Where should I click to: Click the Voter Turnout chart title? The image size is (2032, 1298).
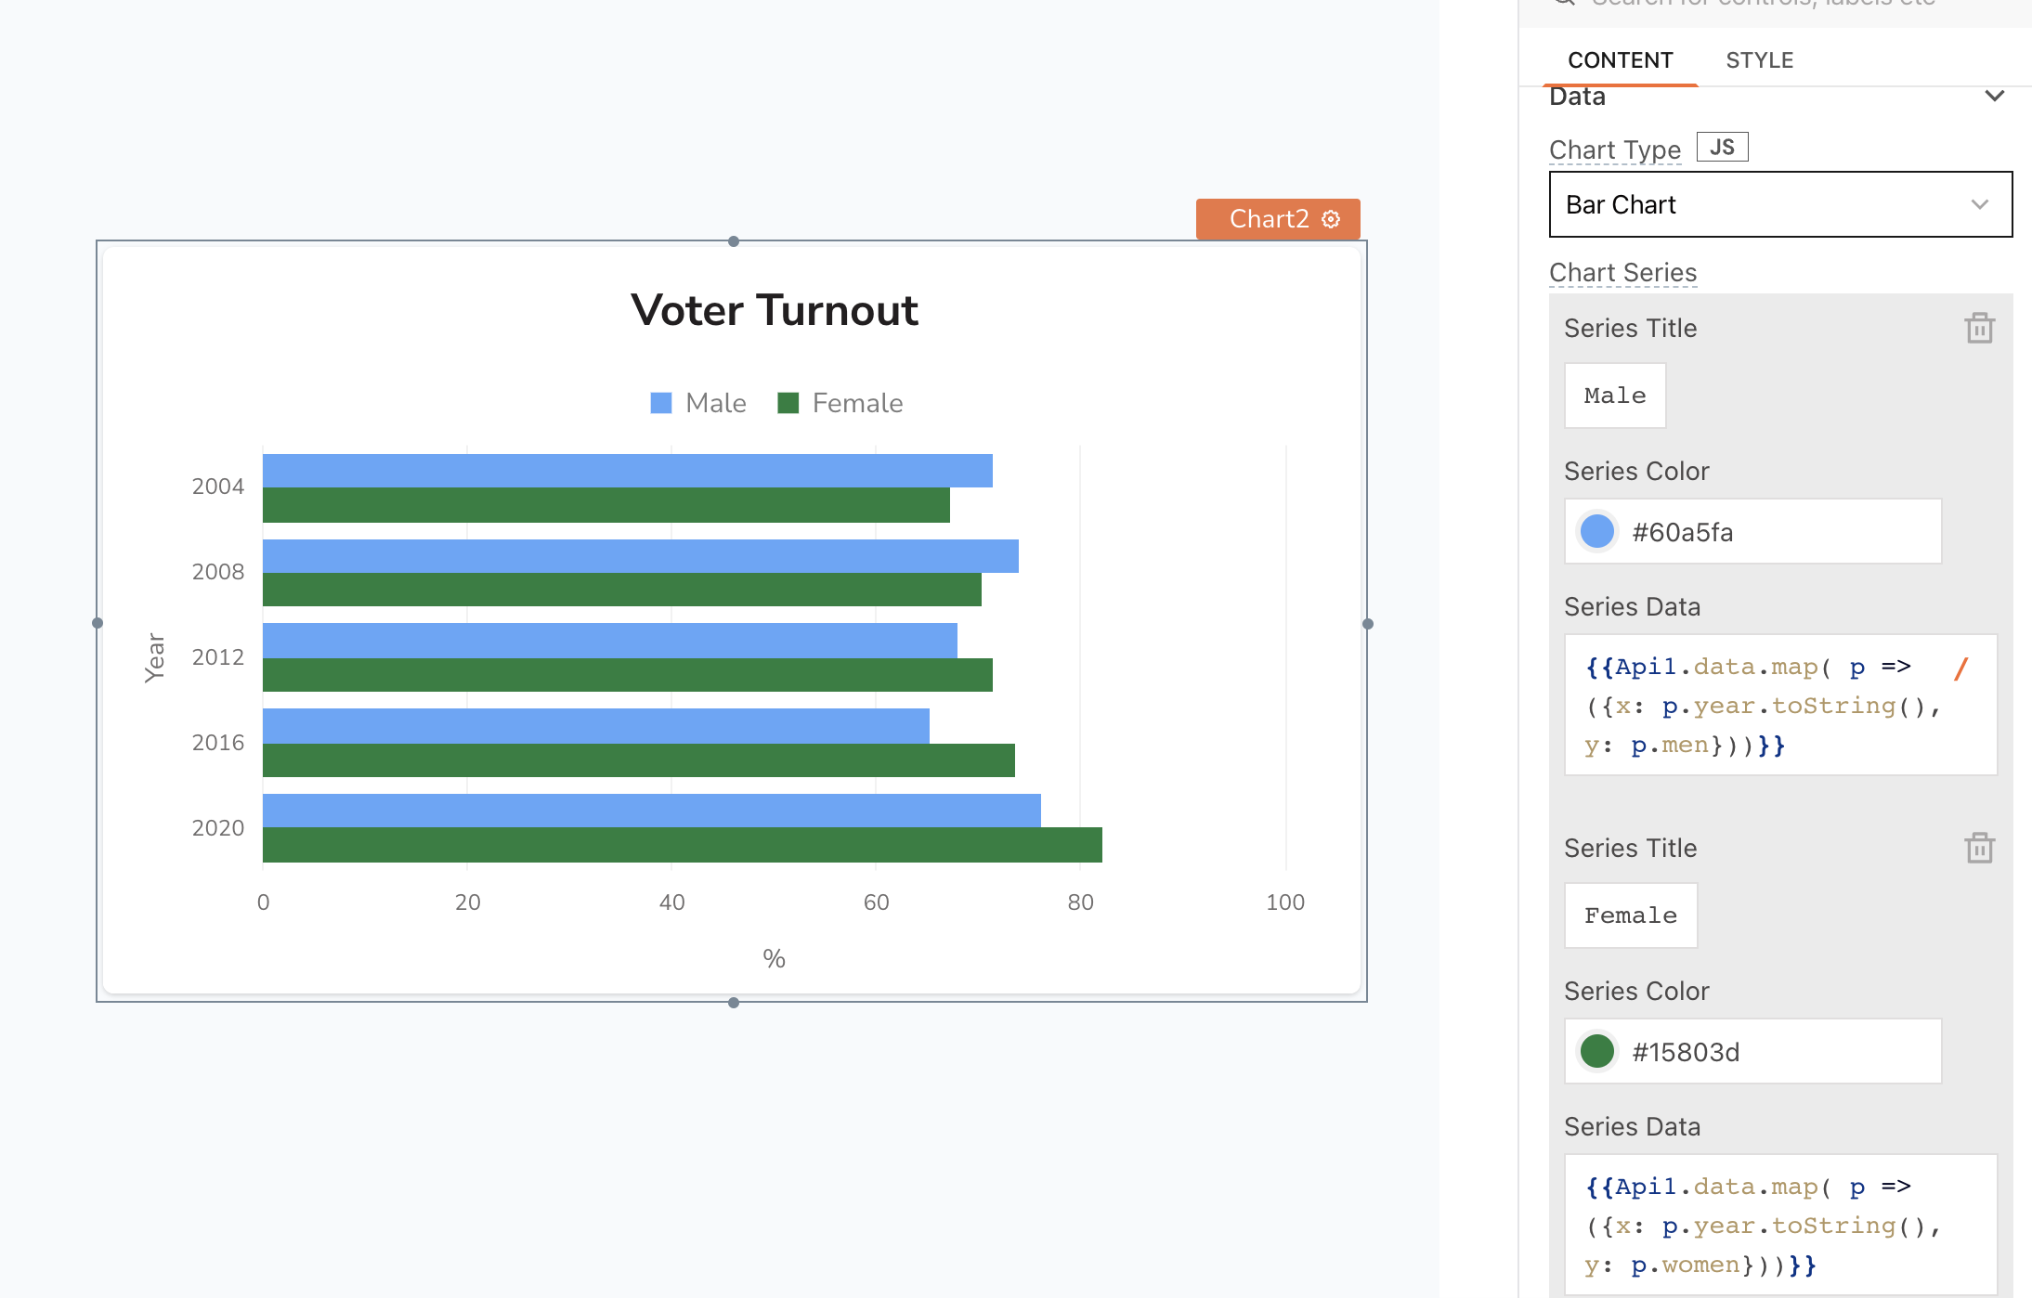tap(774, 310)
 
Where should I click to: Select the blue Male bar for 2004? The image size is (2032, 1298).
tap(627, 471)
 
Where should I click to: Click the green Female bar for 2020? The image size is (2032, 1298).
tap(682, 845)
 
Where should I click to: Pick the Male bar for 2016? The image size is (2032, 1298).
tap(595, 726)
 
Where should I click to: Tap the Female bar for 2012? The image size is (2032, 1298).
tap(627, 675)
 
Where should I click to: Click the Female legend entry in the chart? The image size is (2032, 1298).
tap(840, 403)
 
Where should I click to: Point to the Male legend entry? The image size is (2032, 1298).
tap(699, 403)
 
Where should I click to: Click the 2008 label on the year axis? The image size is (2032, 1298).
tap(218, 572)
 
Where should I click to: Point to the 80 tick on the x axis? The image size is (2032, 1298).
tap(1080, 902)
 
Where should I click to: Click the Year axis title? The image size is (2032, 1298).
tap(155, 657)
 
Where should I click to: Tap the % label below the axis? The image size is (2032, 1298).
tap(774, 959)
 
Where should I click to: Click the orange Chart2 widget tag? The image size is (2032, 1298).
tap(1277, 219)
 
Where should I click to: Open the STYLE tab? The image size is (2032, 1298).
tap(1759, 60)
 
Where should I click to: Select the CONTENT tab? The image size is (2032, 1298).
tap(1620, 60)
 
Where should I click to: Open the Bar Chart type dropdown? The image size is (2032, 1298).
tap(1779, 204)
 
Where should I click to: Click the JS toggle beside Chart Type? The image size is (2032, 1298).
tap(1722, 148)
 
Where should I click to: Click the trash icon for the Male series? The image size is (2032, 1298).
tap(1979, 328)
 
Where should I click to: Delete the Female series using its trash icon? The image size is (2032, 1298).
tap(1979, 848)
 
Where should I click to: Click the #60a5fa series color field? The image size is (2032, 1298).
tap(1752, 532)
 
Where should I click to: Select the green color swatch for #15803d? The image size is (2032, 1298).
tap(1597, 1051)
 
